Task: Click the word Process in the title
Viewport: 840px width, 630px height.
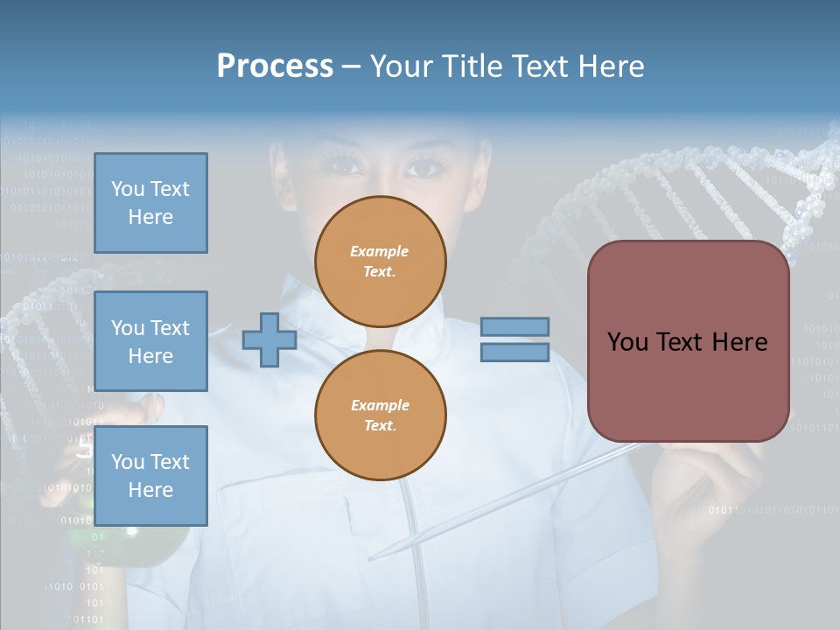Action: click(x=275, y=66)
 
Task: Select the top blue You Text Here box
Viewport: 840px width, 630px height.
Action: click(x=150, y=203)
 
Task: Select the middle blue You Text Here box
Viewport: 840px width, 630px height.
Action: click(x=150, y=341)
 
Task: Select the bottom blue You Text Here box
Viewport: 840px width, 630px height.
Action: click(x=150, y=475)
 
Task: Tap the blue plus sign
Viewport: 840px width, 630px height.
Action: click(x=269, y=339)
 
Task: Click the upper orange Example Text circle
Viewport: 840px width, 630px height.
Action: click(x=381, y=262)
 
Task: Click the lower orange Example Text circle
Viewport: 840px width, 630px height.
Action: click(x=381, y=415)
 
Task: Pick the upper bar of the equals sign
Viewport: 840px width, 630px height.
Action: click(x=514, y=326)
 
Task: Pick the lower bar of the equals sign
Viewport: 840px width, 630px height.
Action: click(x=514, y=353)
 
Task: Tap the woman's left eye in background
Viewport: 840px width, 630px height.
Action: click(x=345, y=165)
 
